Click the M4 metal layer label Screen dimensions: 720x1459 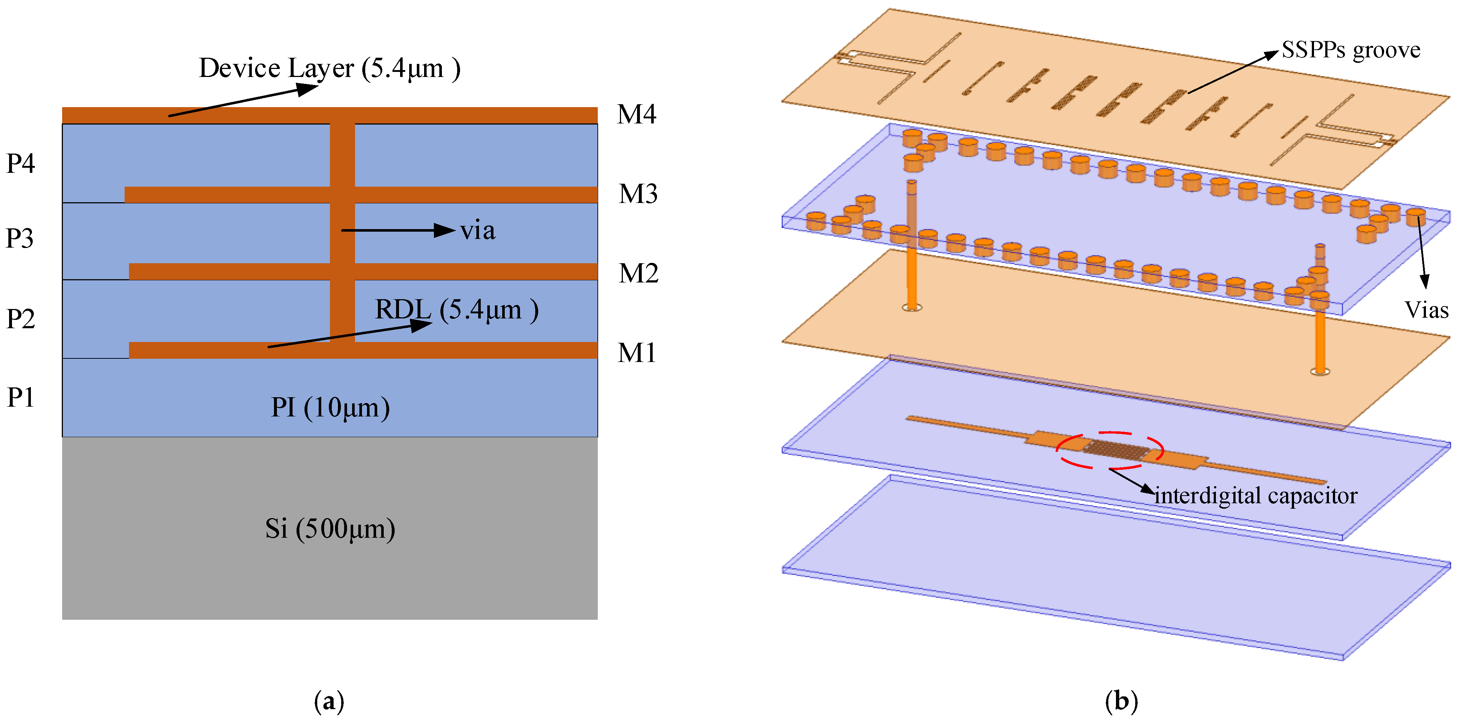click(x=637, y=114)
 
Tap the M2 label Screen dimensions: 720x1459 click(x=638, y=273)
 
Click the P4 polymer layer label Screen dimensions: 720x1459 click(x=20, y=164)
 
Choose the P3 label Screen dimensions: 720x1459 click(x=20, y=238)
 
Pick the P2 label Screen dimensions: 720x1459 click(x=20, y=319)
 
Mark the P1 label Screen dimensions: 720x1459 click(x=20, y=397)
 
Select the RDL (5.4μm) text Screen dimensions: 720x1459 click(x=456, y=310)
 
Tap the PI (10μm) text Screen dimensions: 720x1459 click(x=330, y=407)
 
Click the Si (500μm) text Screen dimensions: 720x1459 click(x=330, y=529)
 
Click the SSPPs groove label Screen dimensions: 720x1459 click(x=1351, y=50)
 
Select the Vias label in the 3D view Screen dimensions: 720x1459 click(x=1426, y=310)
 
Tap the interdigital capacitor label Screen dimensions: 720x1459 click(x=1256, y=496)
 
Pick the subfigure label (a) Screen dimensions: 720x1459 click(x=329, y=701)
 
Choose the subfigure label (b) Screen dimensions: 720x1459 click(x=1121, y=701)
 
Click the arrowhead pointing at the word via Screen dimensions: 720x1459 click(x=445, y=230)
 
